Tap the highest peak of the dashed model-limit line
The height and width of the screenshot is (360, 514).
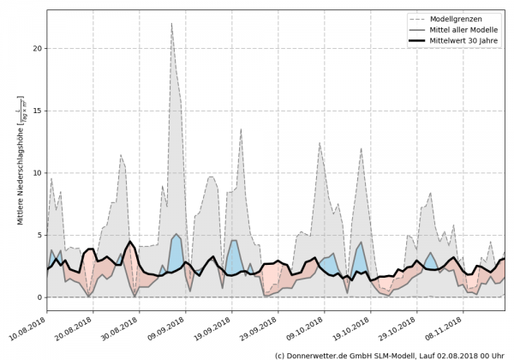pos(171,23)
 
